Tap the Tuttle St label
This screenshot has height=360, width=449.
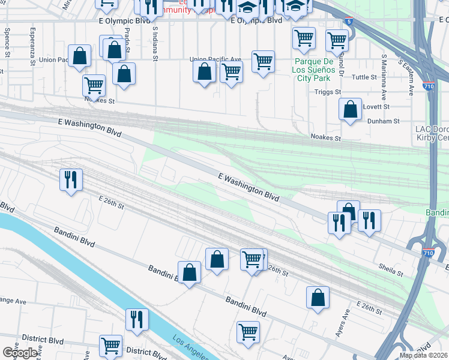coord(364,77)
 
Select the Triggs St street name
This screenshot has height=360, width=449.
coord(328,92)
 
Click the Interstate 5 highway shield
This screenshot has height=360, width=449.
coord(349,22)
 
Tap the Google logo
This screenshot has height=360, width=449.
coord(20,353)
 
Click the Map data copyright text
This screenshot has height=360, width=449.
coord(423,355)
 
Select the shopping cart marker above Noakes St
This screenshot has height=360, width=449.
coord(94,86)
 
